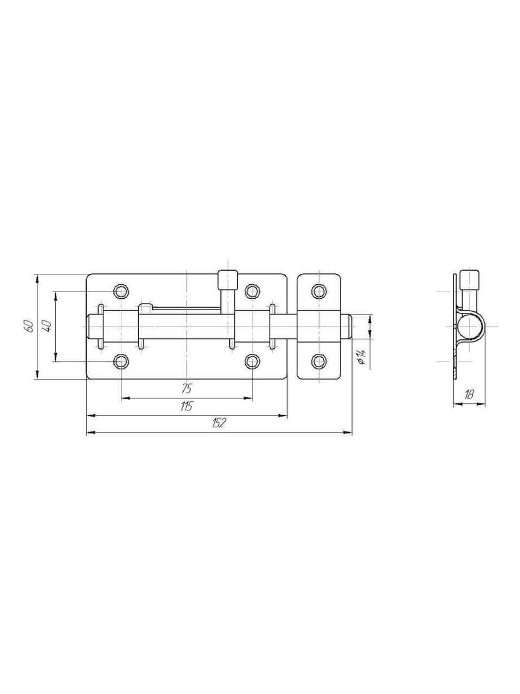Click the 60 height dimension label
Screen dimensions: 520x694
pos(28,326)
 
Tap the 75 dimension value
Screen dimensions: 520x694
pos(186,388)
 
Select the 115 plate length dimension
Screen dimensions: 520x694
pos(186,406)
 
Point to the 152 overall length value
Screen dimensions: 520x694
pos(219,422)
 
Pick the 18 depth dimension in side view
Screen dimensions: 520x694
pos(469,395)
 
